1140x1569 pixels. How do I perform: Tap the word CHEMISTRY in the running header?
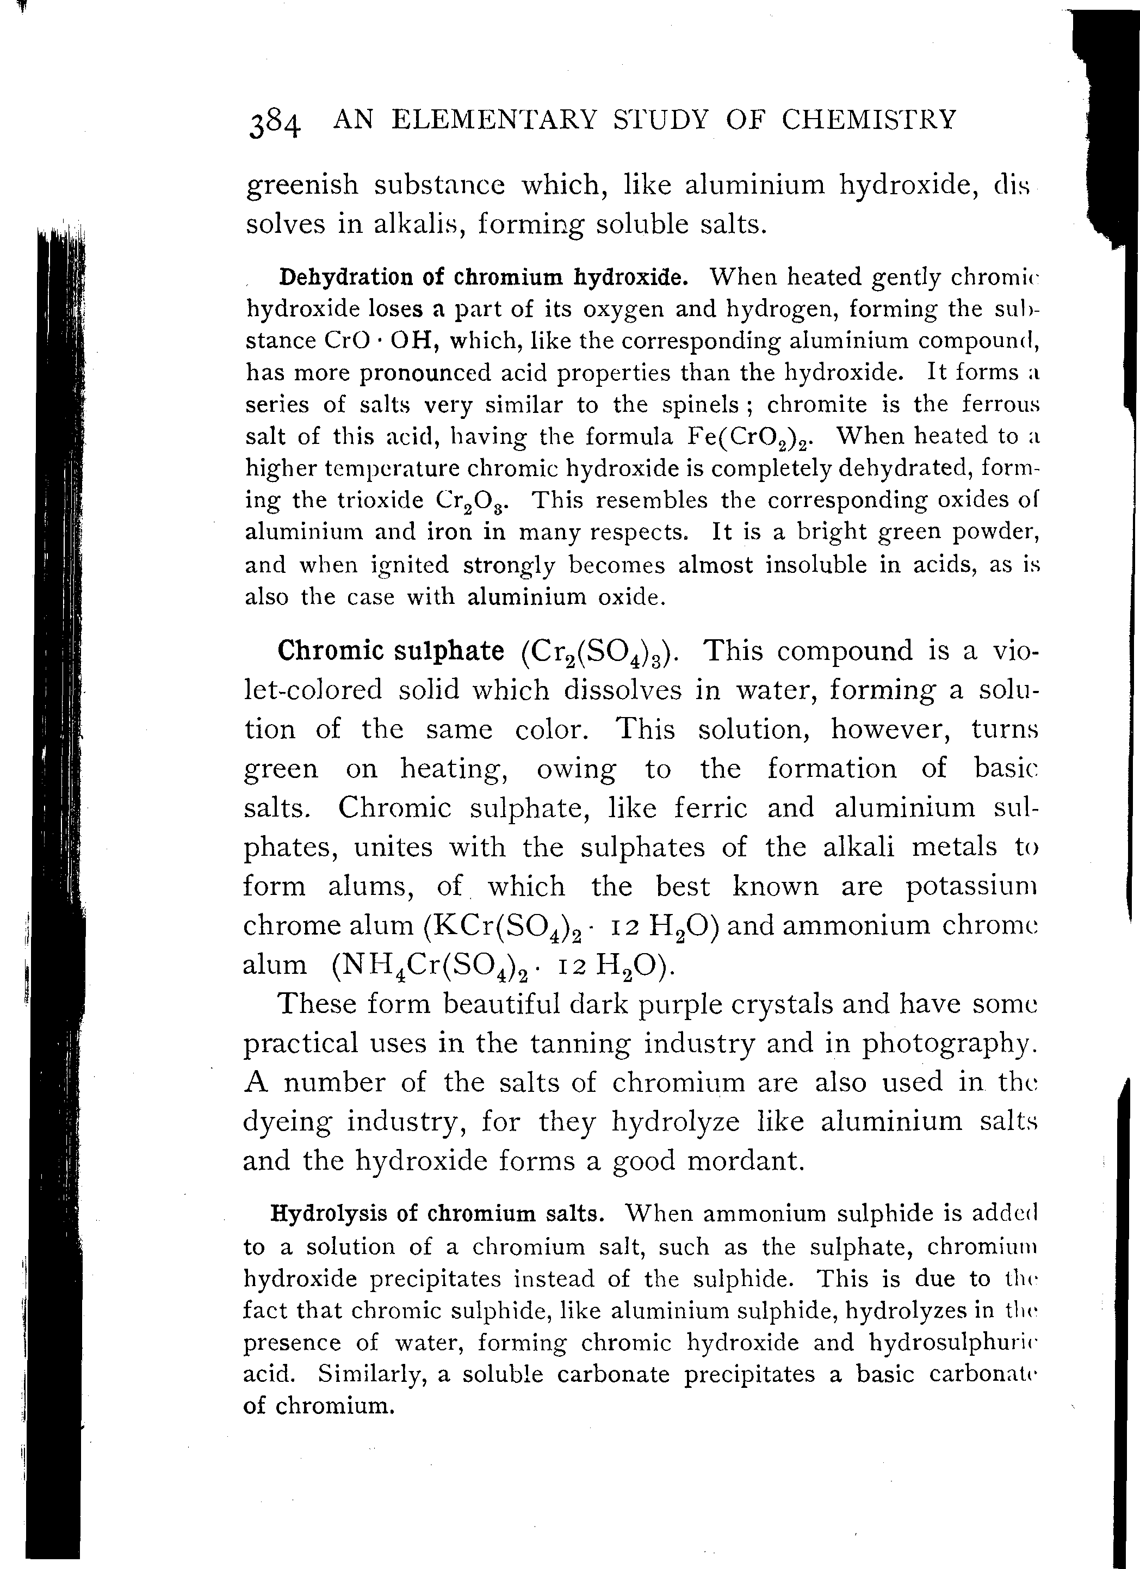[869, 120]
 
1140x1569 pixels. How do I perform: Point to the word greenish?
[303, 186]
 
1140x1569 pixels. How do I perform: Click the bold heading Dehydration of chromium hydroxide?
[483, 277]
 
